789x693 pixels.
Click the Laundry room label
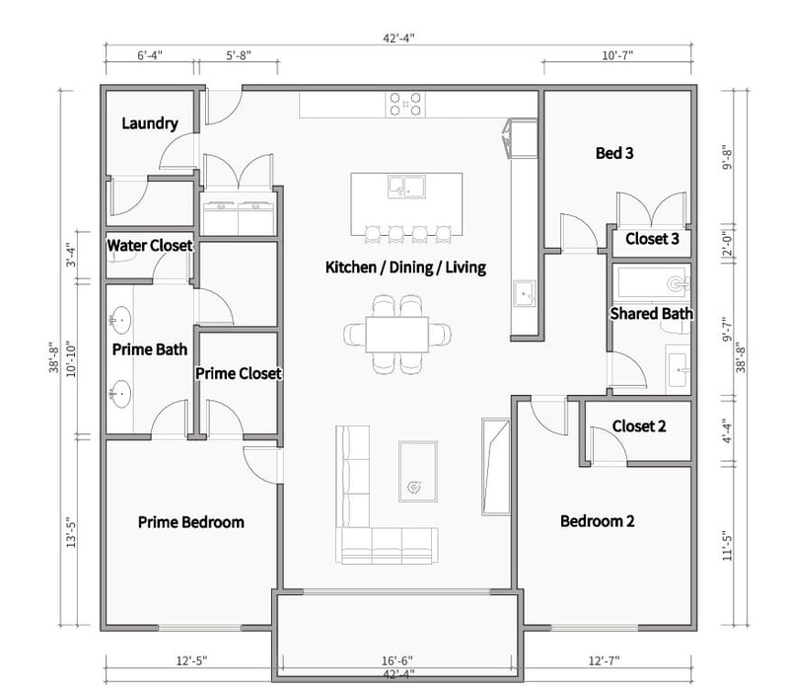point(150,123)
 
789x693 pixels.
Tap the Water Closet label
point(150,245)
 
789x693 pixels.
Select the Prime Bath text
point(150,348)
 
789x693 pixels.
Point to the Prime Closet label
point(239,374)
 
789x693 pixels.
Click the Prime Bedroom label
point(190,522)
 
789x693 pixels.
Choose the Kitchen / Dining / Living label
point(406,268)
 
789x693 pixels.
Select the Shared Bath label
point(651,314)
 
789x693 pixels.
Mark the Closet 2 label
point(639,426)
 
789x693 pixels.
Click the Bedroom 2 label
point(598,521)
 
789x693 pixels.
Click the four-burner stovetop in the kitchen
point(406,104)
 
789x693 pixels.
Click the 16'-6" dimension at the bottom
point(395,659)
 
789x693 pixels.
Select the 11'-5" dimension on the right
point(727,545)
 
